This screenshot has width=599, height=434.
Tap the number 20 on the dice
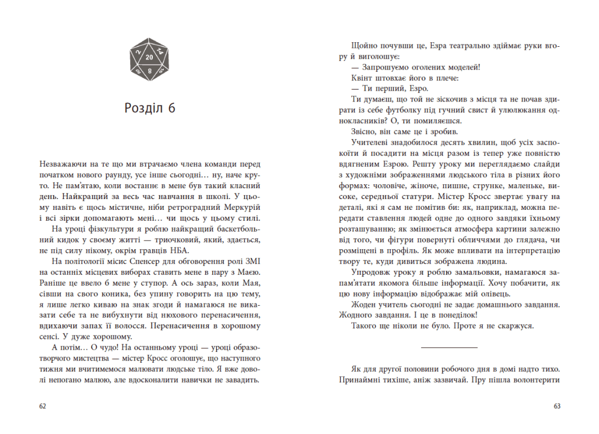(149, 58)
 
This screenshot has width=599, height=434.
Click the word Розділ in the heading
(142, 109)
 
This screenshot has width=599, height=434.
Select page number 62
(42, 406)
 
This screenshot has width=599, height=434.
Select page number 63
(557, 406)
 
